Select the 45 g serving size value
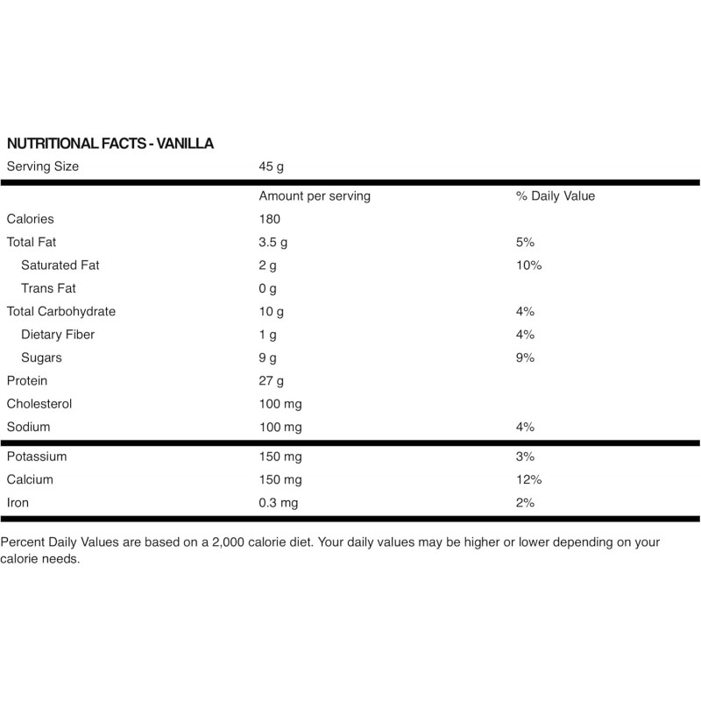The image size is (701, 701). (x=273, y=166)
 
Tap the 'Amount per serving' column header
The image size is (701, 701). (x=315, y=196)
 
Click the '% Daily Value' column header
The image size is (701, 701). (x=556, y=196)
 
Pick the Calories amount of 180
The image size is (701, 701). (x=270, y=219)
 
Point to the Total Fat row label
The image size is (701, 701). (x=32, y=242)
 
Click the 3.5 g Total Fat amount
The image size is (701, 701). (x=275, y=242)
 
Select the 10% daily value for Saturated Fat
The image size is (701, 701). (x=529, y=265)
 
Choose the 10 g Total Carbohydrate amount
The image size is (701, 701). (x=272, y=311)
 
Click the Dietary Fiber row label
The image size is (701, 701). (x=58, y=335)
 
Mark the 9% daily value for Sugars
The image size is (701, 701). (x=526, y=358)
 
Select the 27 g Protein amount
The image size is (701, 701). (x=272, y=381)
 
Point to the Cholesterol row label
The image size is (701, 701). (x=39, y=404)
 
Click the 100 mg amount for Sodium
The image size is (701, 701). (x=280, y=427)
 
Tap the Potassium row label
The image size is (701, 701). (x=37, y=457)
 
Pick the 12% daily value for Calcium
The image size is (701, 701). (x=529, y=479)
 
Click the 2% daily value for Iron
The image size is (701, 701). (x=526, y=503)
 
